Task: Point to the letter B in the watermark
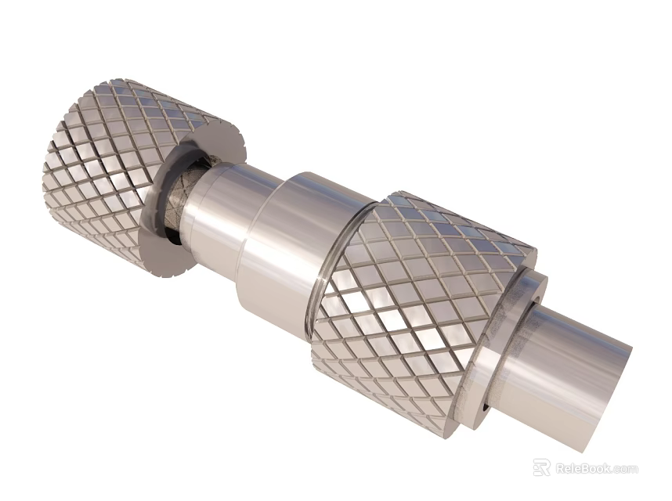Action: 584,468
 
